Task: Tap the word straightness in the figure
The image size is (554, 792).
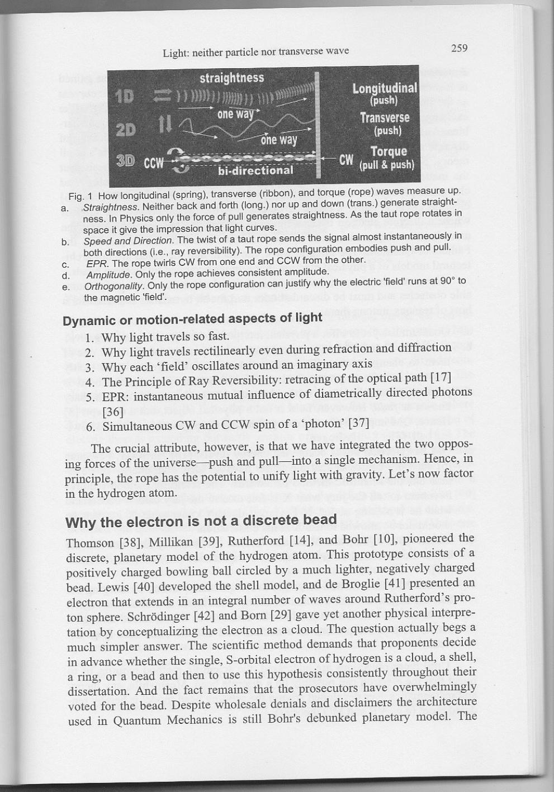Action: (x=231, y=78)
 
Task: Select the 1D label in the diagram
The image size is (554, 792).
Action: (x=124, y=96)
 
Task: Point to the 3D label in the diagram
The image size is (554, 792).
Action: (x=125, y=161)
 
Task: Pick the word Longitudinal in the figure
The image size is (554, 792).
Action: (x=385, y=88)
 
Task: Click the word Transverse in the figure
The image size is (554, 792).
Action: (x=385, y=118)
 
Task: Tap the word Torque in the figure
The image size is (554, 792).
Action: (x=389, y=151)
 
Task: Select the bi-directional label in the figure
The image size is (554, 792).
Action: (x=255, y=170)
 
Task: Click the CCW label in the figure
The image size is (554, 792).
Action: (x=154, y=164)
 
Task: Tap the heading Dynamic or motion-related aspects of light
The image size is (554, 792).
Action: (x=192, y=319)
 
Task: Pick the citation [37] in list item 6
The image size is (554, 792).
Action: (x=358, y=423)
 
